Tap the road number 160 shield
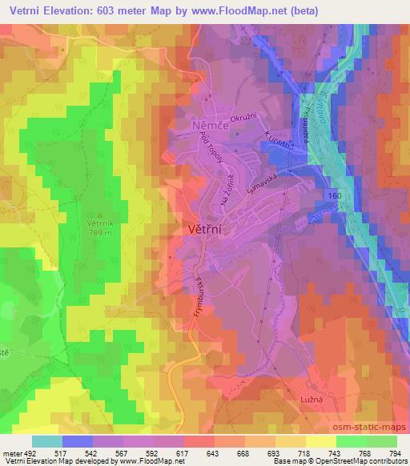click(335, 195)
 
